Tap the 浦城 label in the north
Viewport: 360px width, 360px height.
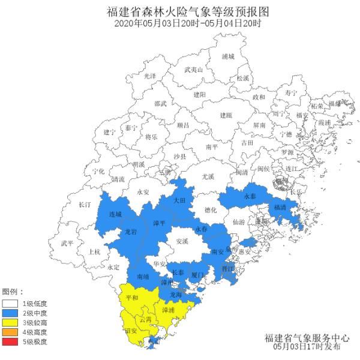(x=228, y=56)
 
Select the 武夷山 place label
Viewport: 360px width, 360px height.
(x=194, y=70)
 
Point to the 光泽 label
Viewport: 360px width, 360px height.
(x=149, y=76)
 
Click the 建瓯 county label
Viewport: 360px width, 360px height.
(x=225, y=115)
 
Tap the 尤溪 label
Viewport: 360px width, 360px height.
(x=208, y=176)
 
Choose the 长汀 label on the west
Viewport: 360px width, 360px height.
(x=84, y=205)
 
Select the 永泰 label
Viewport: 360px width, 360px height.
(x=250, y=196)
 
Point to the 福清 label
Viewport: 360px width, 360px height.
(x=280, y=207)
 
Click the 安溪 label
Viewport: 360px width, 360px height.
(x=182, y=241)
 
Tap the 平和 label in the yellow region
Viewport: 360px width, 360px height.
(x=131, y=298)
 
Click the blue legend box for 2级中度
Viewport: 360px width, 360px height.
(x=10, y=313)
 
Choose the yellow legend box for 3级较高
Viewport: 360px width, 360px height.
(x=10, y=322)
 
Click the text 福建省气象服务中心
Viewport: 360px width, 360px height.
(x=306, y=338)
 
